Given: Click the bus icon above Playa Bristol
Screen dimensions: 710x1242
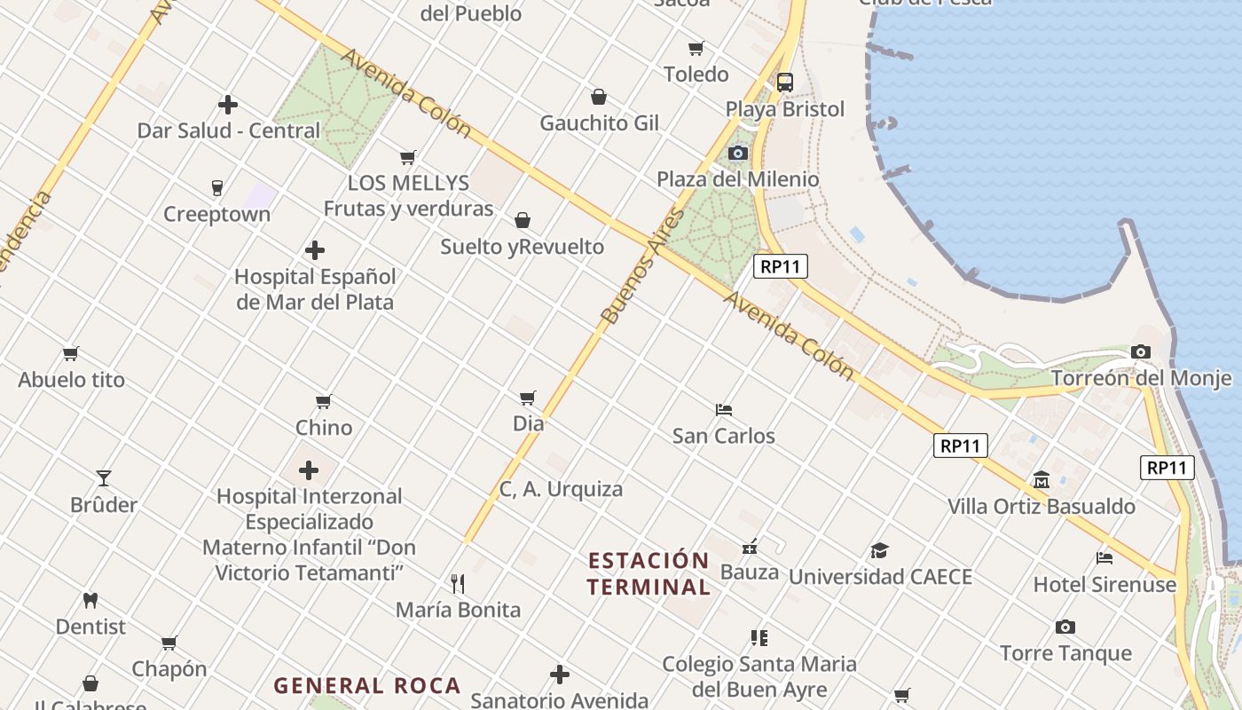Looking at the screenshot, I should click(x=785, y=83).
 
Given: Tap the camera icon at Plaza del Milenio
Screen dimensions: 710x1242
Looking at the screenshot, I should click(x=737, y=153).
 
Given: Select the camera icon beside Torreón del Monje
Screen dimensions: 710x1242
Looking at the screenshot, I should click(x=1141, y=351).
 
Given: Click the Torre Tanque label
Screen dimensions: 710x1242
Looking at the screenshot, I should click(x=1065, y=653).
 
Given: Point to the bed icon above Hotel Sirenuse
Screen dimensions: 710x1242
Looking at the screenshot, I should click(x=1104, y=558).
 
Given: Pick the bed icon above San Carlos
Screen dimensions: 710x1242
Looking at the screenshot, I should click(x=724, y=409).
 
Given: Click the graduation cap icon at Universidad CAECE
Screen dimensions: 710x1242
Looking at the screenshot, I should click(x=879, y=550).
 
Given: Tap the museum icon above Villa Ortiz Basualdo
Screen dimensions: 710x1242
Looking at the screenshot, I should click(x=1042, y=480).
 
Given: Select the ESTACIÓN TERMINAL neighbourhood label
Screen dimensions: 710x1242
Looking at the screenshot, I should click(x=649, y=573).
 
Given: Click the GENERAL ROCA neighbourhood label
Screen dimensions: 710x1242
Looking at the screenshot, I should click(x=367, y=685).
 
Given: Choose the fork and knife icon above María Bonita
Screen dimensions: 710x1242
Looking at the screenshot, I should click(x=458, y=583).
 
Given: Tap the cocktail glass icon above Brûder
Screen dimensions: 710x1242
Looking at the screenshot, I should click(x=104, y=478).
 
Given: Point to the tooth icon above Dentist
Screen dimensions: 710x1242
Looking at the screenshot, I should click(x=90, y=600).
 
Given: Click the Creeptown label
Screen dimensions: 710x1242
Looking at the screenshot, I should click(x=216, y=214).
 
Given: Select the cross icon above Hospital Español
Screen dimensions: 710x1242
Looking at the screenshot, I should click(x=314, y=250).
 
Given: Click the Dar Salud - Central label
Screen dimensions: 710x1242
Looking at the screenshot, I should click(x=228, y=130).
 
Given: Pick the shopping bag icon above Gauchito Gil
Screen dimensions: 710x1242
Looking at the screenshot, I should click(x=599, y=97).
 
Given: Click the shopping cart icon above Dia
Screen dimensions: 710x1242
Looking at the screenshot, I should click(x=528, y=398).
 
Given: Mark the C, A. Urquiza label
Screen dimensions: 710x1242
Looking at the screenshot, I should click(x=561, y=489).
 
